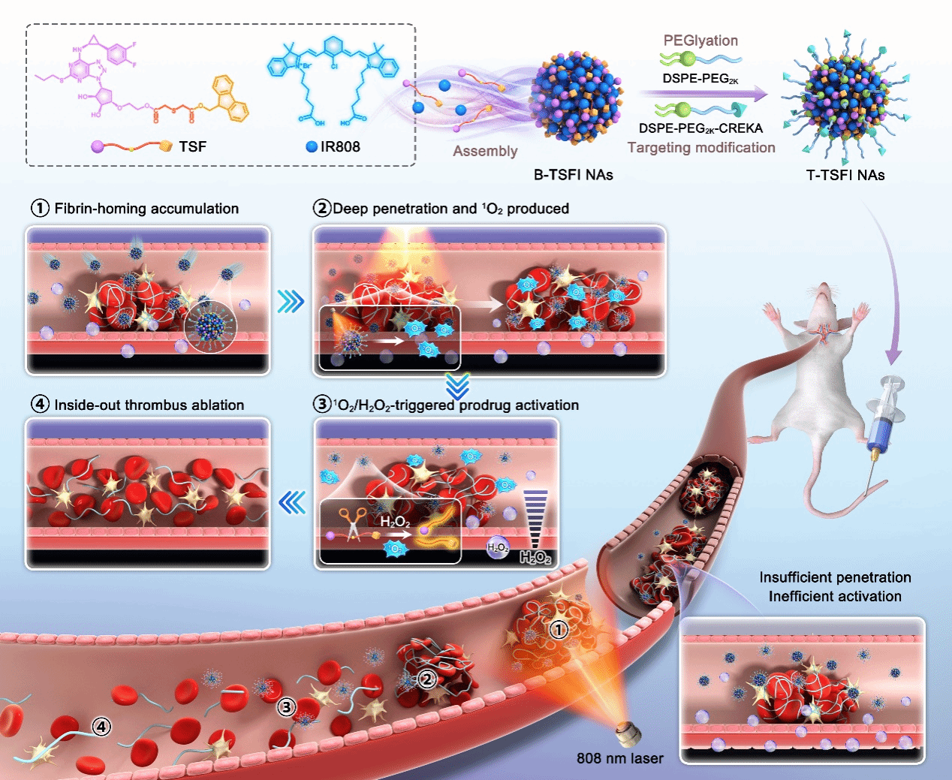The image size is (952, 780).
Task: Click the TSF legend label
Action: click(x=192, y=146)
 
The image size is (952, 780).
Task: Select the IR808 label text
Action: click(x=339, y=146)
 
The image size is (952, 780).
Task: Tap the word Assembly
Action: click(x=485, y=151)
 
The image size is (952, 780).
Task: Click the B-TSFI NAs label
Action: click(x=573, y=175)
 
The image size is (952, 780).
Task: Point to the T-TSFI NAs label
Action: click(x=845, y=175)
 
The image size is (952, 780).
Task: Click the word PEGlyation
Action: click(x=700, y=41)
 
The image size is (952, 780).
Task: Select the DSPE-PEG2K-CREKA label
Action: click(x=700, y=128)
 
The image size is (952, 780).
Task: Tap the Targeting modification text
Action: click(x=701, y=148)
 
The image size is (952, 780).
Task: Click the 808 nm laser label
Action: click(x=619, y=758)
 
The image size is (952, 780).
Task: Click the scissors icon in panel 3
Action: click(x=351, y=522)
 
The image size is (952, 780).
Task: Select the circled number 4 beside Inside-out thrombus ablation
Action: click(x=40, y=405)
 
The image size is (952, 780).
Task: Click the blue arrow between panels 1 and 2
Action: click(x=291, y=302)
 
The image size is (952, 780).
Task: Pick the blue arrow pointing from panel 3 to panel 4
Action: click(x=292, y=502)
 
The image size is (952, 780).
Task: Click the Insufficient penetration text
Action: click(x=835, y=577)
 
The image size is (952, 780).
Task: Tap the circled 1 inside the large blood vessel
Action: click(x=558, y=629)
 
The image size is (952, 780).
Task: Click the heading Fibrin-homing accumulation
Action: click(x=146, y=209)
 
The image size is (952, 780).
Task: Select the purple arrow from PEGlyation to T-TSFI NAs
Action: click(x=703, y=95)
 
